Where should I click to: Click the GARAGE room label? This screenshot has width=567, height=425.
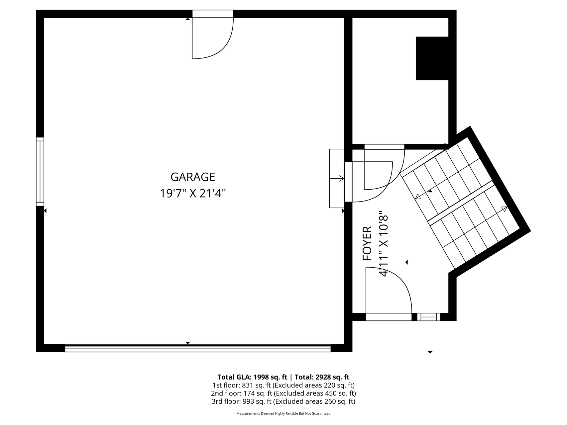193,177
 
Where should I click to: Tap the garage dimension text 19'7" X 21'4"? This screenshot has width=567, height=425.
193,193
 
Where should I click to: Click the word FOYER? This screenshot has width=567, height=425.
367,243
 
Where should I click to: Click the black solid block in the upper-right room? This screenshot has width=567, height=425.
432,58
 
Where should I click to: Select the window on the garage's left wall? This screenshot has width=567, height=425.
40,171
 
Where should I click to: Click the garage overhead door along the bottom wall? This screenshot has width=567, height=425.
198,348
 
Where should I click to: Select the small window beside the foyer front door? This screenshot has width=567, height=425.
429,317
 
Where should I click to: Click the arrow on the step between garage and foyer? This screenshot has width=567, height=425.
337,178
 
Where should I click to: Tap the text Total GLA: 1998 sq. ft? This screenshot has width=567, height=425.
252,377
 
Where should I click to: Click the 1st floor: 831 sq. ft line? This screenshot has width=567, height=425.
283,385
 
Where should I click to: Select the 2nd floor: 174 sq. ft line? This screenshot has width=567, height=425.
283,393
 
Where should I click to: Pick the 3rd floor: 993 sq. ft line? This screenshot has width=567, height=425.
283,401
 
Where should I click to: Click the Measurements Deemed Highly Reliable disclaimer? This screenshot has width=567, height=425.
283,413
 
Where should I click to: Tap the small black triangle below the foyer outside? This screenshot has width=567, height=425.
430,352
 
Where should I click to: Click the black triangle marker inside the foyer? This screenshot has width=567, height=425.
406,262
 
